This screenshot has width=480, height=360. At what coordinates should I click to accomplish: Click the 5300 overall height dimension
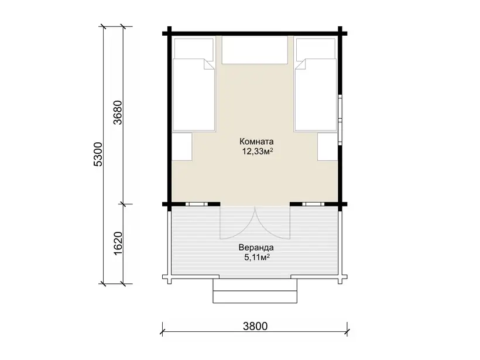pos(98,154)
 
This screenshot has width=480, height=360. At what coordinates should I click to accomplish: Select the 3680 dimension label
pos(118,112)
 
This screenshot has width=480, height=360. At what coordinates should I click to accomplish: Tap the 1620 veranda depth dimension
pos(118,244)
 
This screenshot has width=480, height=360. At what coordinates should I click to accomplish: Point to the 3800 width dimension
pos(255,326)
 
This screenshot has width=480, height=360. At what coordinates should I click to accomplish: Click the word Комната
pos(256,142)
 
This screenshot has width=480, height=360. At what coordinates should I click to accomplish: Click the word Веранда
pos(256,248)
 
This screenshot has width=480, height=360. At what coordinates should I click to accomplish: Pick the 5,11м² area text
pos(257,257)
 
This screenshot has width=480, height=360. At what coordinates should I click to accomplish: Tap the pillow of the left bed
pos(194,48)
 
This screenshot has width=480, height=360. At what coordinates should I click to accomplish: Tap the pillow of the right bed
pos(316,48)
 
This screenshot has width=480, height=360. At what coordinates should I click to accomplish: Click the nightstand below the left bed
pos(182,146)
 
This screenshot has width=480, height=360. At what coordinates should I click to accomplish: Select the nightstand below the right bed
pos(328,146)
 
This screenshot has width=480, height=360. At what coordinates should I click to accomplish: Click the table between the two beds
pos(255,50)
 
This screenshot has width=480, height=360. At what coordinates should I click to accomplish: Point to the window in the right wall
pos(340,119)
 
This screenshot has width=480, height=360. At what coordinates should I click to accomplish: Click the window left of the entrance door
pos(197,204)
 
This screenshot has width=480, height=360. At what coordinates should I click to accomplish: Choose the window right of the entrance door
pos(313,204)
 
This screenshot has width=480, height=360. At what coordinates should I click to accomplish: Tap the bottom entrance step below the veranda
pos(255,297)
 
